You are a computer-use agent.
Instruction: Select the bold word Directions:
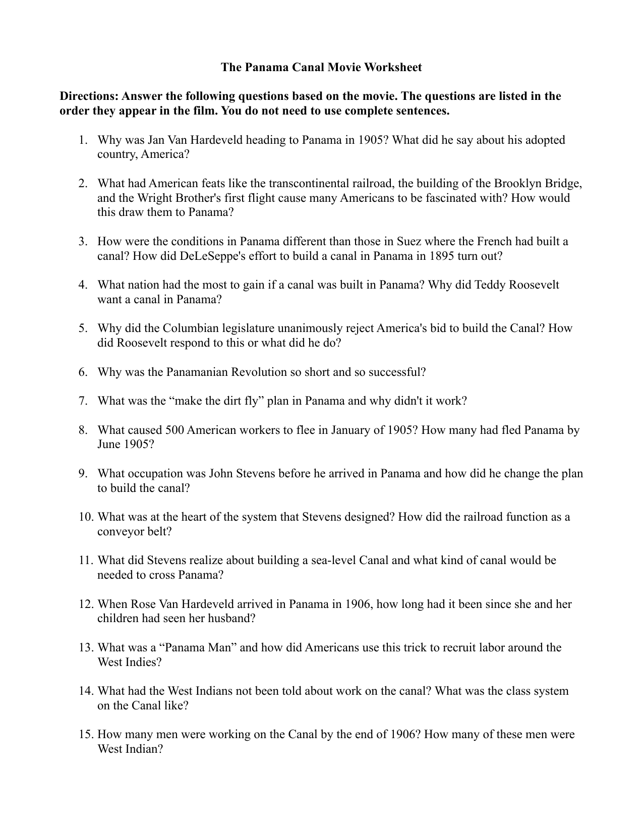[89, 96]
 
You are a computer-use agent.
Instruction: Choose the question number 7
[83, 401]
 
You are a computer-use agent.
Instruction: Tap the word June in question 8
[109, 445]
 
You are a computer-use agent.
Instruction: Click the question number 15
[86, 735]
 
